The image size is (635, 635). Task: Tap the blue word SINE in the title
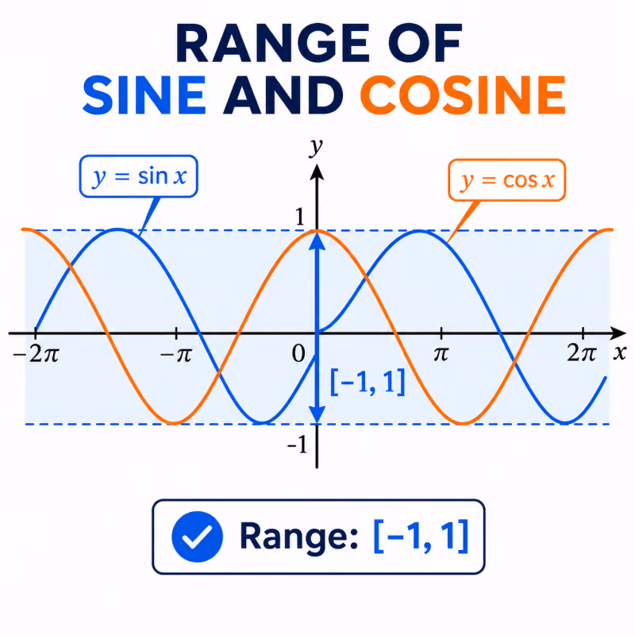click(x=144, y=95)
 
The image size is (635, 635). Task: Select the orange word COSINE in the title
click(x=463, y=95)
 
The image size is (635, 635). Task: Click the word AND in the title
click(x=283, y=95)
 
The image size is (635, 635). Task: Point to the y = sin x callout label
click(x=138, y=176)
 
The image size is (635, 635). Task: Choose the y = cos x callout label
click(x=506, y=180)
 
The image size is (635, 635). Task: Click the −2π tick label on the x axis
click(x=36, y=354)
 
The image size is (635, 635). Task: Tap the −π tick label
click(x=175, y=355)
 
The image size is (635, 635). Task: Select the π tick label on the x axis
click(x=441, y=354)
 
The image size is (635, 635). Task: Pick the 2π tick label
click(x=582, y=353)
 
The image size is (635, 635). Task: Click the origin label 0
click(x=298, y=353)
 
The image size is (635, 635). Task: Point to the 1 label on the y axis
click(x=300, y=217)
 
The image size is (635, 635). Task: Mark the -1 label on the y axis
click(x=298, y=444)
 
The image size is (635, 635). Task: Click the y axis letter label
click(x=316, y=146)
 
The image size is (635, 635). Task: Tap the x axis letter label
click(x=620, y=352)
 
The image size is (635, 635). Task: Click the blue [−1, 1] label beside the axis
click(x=368, y=382)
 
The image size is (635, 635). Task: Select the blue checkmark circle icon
click(x=197, y=537)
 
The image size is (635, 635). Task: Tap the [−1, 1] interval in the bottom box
click(x=421, y=537)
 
